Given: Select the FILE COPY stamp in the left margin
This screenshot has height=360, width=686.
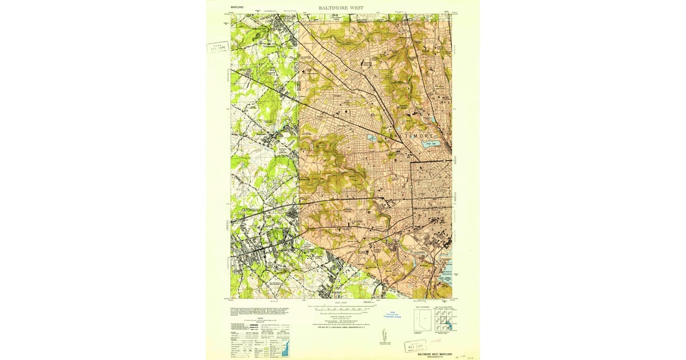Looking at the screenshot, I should coord(217,47).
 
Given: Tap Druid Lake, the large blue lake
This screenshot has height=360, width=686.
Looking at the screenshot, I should coord(428,144).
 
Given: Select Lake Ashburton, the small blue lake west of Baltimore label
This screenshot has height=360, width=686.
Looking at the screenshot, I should coord(372,138).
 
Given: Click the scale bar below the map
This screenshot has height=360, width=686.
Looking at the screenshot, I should coord(342,307).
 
